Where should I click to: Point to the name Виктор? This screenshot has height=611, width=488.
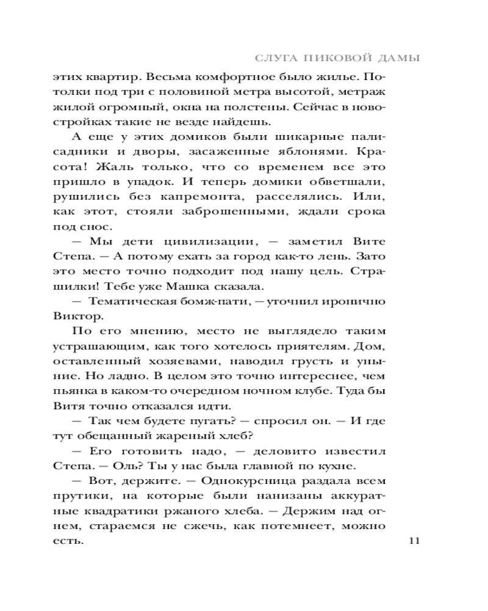(75, 316)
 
